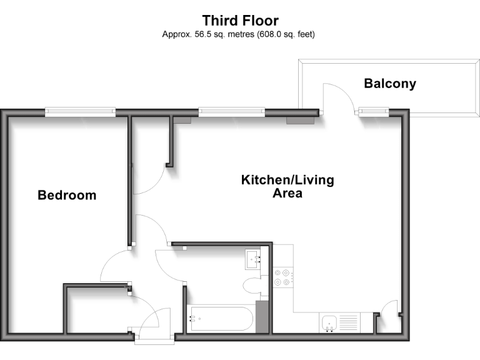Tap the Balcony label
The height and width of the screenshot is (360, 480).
click(390, 83)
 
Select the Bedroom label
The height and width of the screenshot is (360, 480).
click(67, 195)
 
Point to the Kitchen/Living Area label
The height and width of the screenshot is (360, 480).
click(287, 186)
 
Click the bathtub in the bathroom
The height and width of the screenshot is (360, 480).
click(219, 318)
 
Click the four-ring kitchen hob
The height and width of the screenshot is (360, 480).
click(282, 277)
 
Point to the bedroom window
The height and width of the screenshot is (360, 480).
click(80, 112)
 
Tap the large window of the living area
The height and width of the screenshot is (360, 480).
click(232, 112)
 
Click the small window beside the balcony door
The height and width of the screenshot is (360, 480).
click(373, 112)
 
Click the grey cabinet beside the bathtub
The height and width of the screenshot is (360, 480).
click(262, 317)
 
